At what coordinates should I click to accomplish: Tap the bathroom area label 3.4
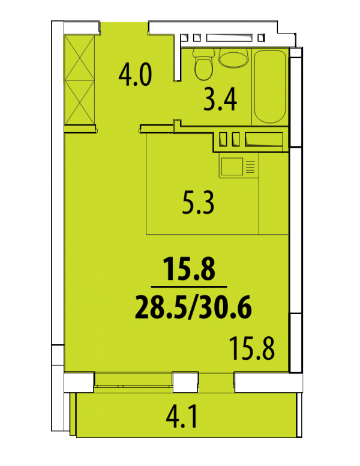[220, 100]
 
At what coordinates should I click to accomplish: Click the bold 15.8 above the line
[189, 269]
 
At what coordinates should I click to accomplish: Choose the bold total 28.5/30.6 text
[193, 307]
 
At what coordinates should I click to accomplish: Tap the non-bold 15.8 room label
[253, 348]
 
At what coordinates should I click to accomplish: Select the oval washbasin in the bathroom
[233, 58]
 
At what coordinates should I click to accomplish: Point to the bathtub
[270, 86]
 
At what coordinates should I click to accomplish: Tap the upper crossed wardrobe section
[80, 58]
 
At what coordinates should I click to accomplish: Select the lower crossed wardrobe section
[80, 102]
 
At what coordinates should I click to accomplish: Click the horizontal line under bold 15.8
[189, 287]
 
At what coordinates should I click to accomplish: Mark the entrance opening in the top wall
[124, 28]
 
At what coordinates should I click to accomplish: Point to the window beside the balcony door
[134, 381]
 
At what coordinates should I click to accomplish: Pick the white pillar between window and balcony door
[185, 382]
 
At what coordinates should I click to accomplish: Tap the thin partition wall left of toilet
[178, 57]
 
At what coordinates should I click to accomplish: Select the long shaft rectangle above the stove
[264, 139]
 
